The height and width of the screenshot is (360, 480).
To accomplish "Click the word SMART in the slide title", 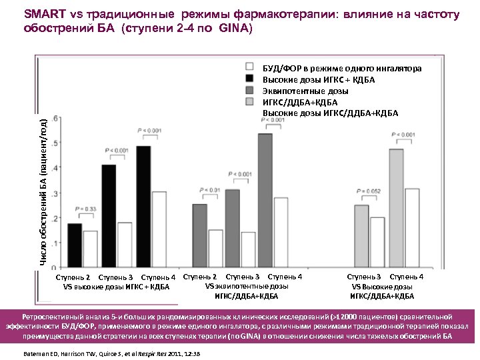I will pos(46,14).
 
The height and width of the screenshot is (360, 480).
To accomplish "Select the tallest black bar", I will pos(143,207).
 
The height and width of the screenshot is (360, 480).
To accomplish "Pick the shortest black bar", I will pos(75,245).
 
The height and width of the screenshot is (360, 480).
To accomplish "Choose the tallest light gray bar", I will pos(397,208).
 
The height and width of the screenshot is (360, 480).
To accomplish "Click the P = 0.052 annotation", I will pos(367,191).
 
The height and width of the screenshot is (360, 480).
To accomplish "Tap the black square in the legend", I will pos(250,79).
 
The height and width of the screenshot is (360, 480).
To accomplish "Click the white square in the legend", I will pos(250,67).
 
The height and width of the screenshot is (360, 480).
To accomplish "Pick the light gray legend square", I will pos(250,101).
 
